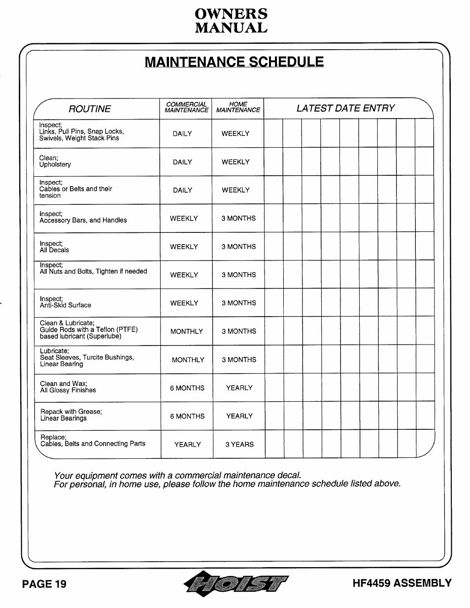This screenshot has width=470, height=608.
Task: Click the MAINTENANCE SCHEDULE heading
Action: (x=235, y=62)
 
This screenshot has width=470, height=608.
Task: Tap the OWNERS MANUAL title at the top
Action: (x=231, y=21)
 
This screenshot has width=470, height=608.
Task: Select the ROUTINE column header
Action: (x=90, y=109)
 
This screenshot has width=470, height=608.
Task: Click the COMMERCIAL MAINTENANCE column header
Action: (x=186, y=107)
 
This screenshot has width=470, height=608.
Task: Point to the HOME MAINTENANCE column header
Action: (x=238, y=107)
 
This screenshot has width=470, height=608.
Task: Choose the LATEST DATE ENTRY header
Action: (x=345, y=108)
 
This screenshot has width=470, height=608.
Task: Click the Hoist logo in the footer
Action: (x=235, y=584)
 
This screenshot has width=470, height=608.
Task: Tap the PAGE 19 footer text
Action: (x=44, y=584)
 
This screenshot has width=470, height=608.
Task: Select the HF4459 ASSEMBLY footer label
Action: (x=402, y=583)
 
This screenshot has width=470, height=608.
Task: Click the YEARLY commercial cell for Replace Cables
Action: (x=187, y=445)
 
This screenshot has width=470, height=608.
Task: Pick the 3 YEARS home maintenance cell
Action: (x=239, y=445)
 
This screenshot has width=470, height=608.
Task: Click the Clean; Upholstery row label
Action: (x=55, y=161)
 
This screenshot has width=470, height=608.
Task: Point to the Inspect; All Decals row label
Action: (x=54, y=247)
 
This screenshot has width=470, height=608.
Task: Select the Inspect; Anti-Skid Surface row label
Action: (x=66, y=302)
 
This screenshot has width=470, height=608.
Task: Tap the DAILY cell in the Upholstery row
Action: (x=182, y=162)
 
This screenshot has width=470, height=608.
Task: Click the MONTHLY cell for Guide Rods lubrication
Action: (x=186, y=332)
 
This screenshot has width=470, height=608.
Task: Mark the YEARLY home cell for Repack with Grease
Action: (x=239, y=416)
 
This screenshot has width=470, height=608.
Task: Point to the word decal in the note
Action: (x=288, y=476)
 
